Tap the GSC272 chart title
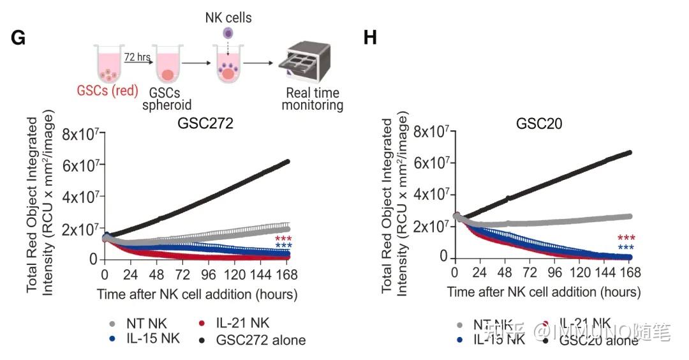(205, 124)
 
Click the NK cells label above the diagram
(228, 17)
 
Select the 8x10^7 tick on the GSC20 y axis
(433, 132)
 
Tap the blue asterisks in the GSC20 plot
(625, 249)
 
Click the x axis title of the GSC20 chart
(544, 292)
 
